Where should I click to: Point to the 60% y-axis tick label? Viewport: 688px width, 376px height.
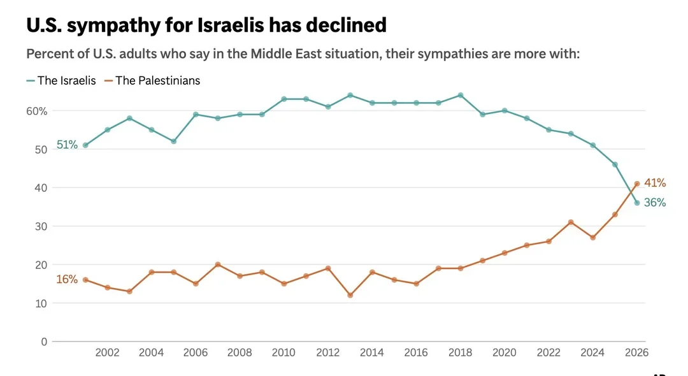click(x=37, y=111)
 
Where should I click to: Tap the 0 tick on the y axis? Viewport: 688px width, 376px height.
click(x=43, y=342)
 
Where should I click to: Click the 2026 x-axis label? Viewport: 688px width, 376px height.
click(x=636, y=352)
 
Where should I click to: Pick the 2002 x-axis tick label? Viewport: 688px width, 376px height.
click(x=107, y=352)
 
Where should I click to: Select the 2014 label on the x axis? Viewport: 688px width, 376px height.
click(x=372, y=352)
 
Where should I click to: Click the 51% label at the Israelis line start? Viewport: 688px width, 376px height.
click(x=67, y=145)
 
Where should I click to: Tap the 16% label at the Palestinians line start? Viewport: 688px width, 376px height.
click(x=67, y=279)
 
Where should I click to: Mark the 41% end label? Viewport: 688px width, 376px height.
click(x=655, y=183)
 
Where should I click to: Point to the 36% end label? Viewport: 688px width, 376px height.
click(x=655, y=203)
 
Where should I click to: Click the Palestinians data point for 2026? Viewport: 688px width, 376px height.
click(x=636, y=184)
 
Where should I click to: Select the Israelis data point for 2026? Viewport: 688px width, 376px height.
click(x=636, y=203)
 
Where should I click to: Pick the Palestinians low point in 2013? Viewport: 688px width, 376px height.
click(x=350, y=295)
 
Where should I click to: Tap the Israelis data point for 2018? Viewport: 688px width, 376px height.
click(x=461, y=95)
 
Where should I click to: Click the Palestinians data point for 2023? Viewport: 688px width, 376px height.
click(x=571, y=222)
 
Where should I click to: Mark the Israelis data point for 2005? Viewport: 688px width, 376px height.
click(x=173, y=141)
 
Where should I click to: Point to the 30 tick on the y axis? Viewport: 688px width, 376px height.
click(x=41, y=226)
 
